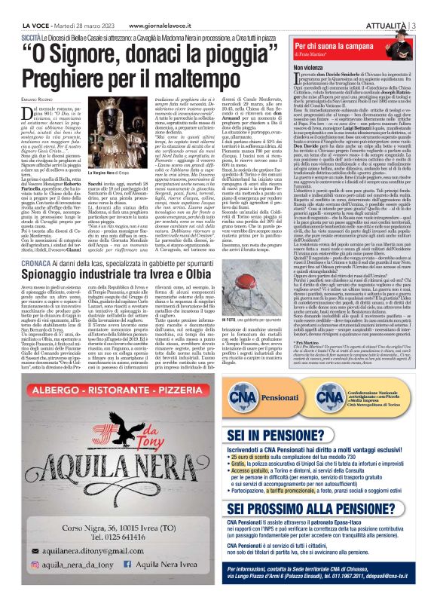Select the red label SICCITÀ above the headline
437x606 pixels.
(x=31, y=35)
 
